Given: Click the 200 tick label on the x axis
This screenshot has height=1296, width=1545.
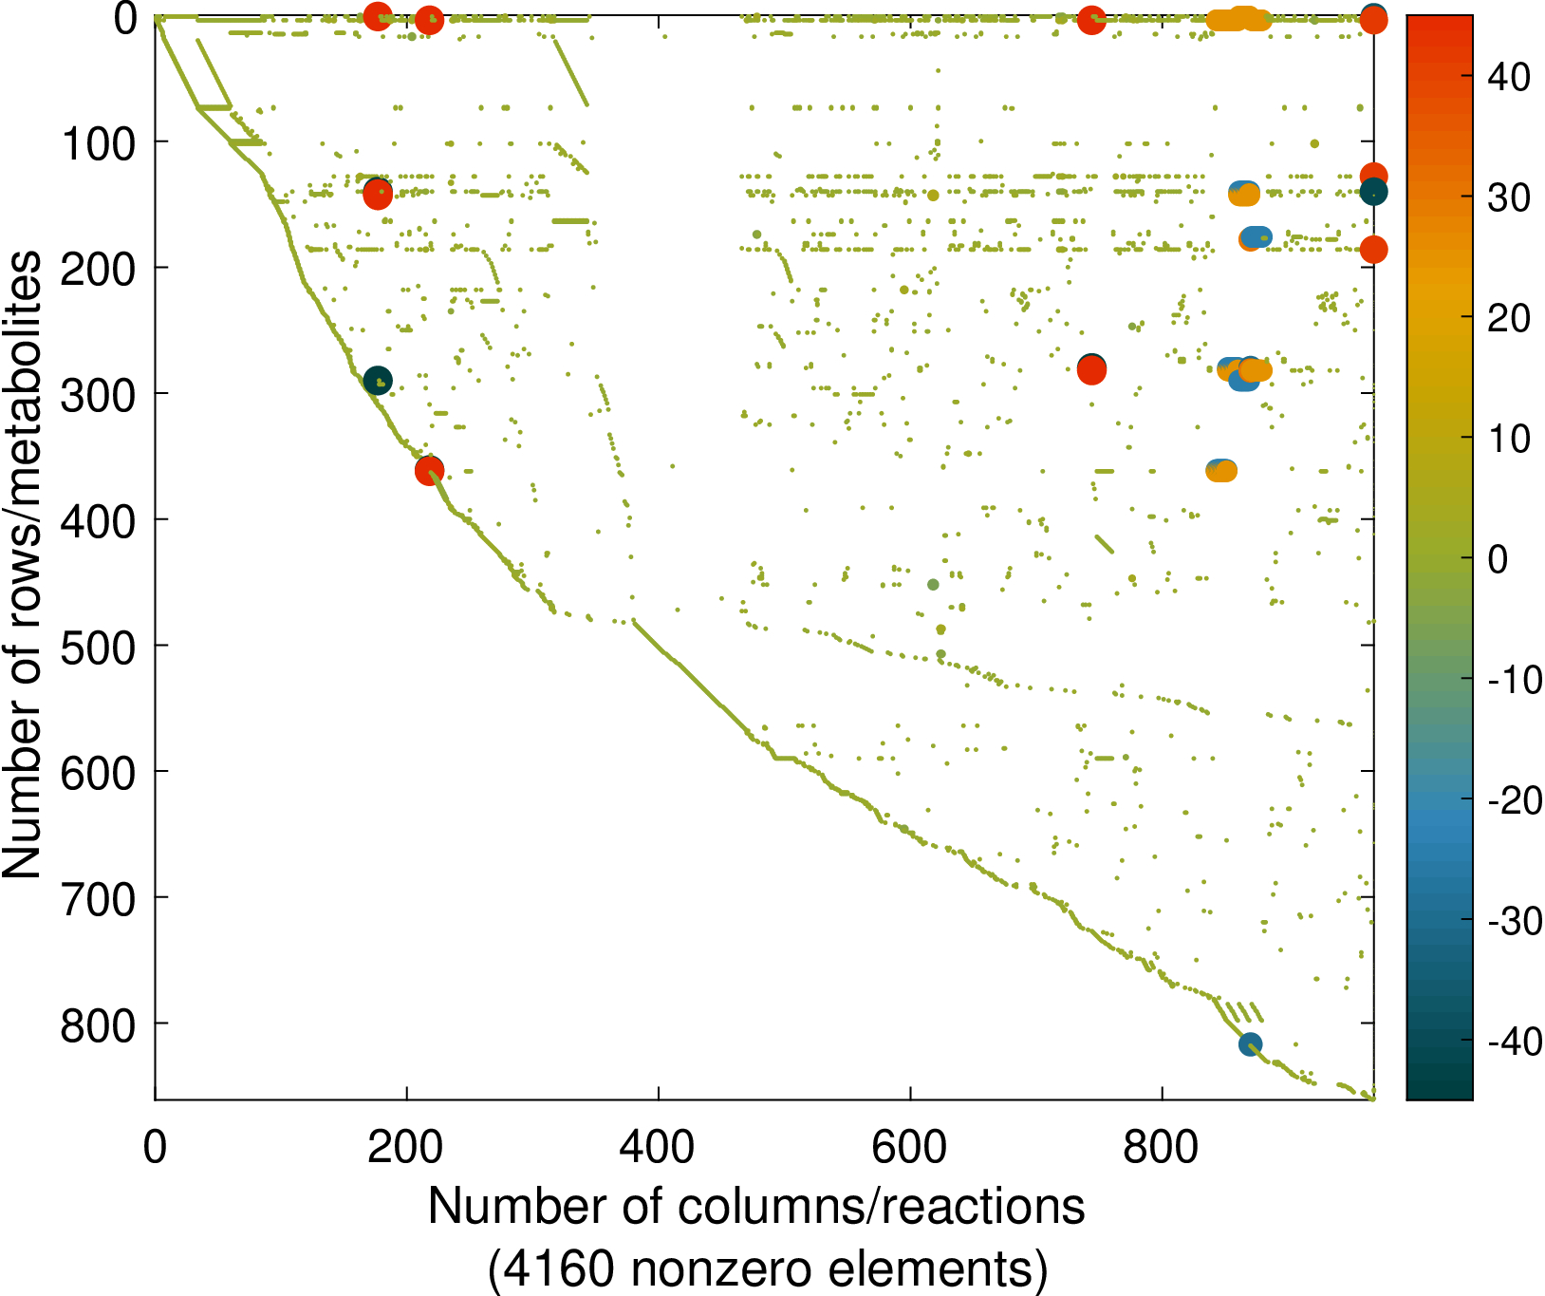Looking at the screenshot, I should tap(405, 1147).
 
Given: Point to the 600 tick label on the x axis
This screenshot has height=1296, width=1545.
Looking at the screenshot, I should tap(909, 1147).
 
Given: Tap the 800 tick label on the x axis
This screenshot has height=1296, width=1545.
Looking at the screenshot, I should tap(1161, 1147).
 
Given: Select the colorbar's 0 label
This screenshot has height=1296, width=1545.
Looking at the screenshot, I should tap(1498, 559).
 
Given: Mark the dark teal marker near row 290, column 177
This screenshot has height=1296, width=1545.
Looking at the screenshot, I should tap(378, 381).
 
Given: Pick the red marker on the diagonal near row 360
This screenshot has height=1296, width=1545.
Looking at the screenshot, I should tap(429, 470).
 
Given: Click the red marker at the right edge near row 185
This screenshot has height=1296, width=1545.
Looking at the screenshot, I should tap(1373, 250).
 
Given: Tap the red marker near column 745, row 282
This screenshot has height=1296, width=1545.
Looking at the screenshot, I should tap(1091, 369).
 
